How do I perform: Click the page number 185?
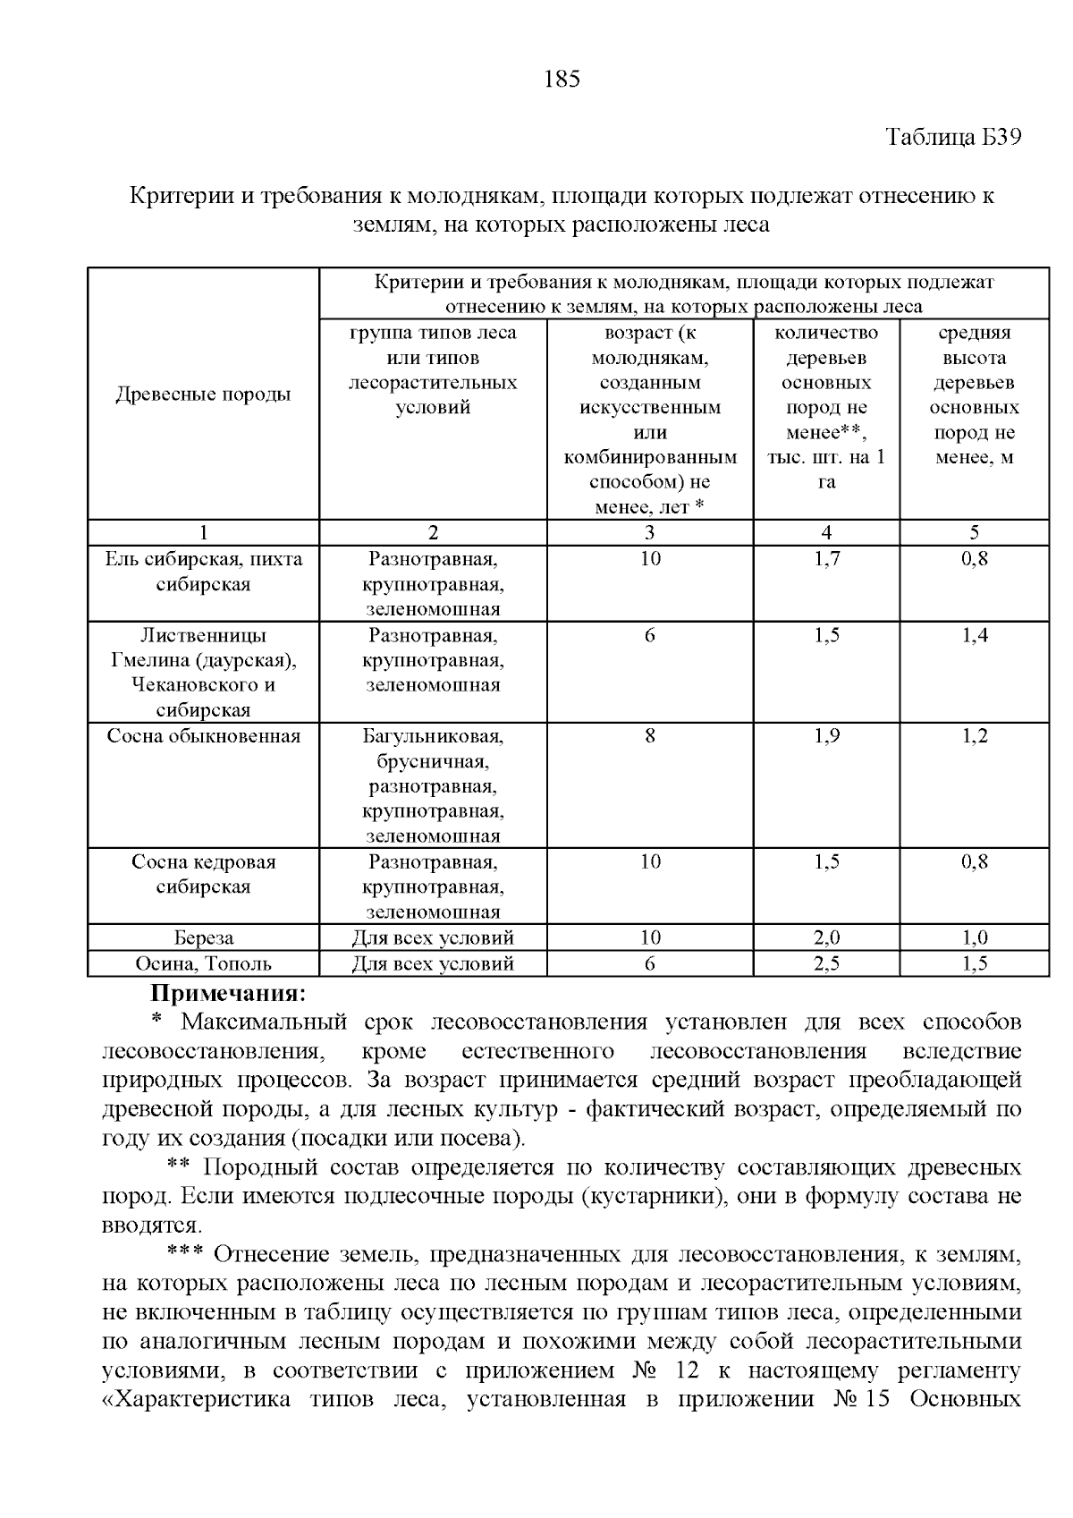tap(562, 80)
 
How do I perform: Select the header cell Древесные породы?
tap(203, 394)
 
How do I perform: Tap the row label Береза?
tap(203, 937)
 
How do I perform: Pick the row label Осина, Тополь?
tap(203, 963)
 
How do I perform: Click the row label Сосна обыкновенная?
tap(203, 736)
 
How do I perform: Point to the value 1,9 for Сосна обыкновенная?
tap(826, 736)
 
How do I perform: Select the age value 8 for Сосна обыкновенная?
tap(649, 736)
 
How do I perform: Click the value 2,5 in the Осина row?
tap(826, 963)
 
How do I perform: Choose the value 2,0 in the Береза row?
tap(826, 937)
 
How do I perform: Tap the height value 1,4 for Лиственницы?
tap(974, 635)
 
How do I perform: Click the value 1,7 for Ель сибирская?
tap(826, 559)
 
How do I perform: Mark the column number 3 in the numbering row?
tap(649, 533)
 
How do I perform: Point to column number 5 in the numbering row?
tap(974, 533)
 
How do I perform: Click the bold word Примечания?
tap(228, 993)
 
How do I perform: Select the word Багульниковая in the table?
tap(433, 736)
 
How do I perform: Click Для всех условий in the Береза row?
tap(433, 937)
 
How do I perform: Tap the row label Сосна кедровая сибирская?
tap(203, 874)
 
